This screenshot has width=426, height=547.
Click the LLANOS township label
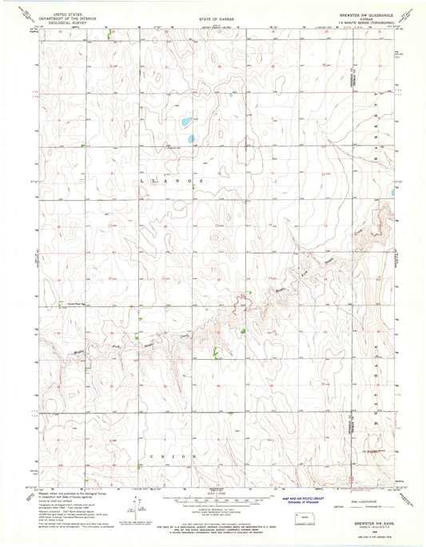pos(172,182)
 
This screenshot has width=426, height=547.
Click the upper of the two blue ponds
pos(185,122)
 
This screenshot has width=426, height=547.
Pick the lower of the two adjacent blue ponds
pos(192,139)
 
